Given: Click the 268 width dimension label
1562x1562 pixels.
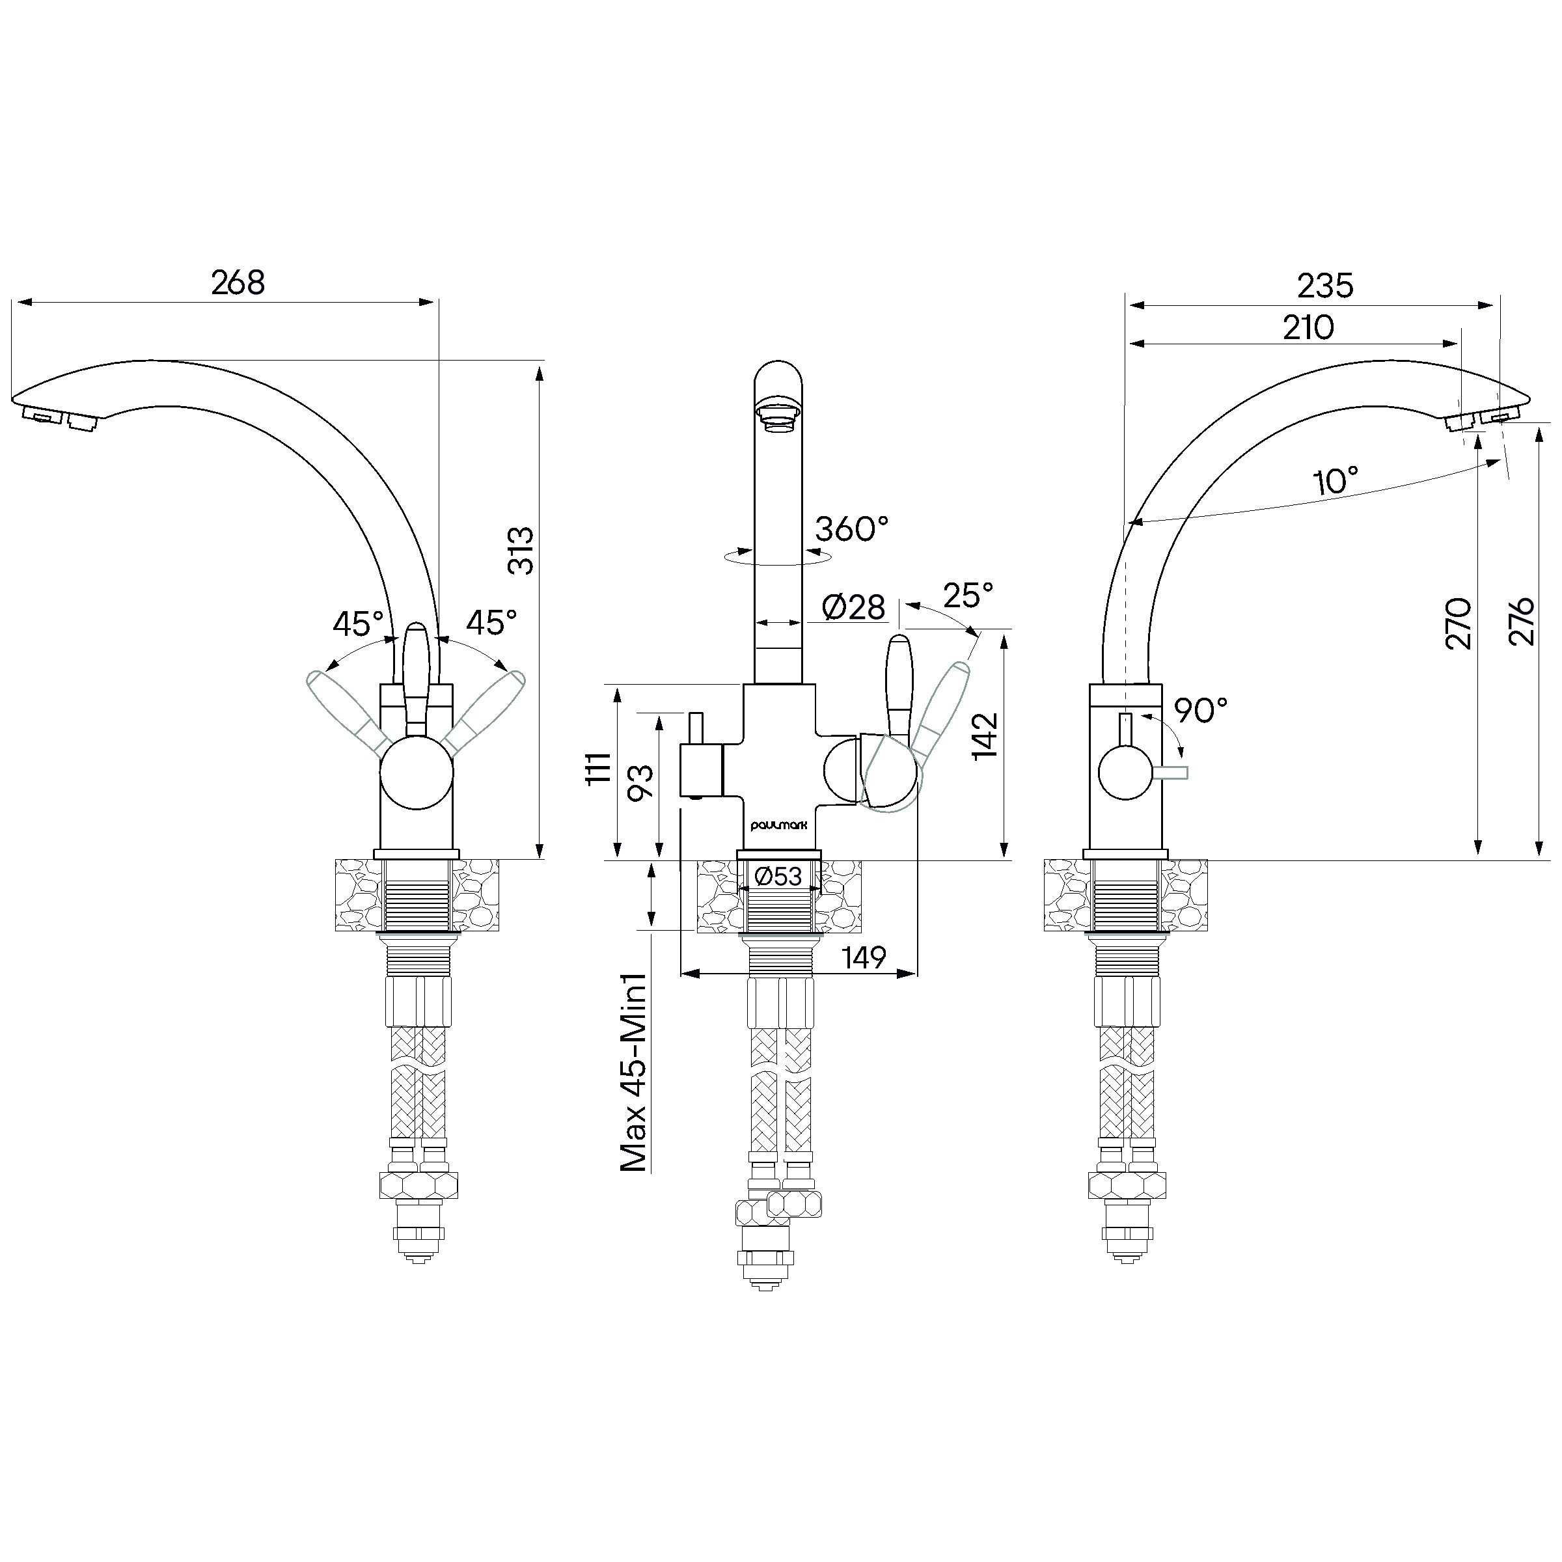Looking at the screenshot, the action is [238, 283].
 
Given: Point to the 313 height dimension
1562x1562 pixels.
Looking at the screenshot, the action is [522, 551].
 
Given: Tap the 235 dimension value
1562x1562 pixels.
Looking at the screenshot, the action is [1325, 286].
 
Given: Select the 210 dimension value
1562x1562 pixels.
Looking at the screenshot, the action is [1308, 327].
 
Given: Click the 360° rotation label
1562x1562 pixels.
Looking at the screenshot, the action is [851, 530].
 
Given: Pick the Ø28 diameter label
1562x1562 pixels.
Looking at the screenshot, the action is [853, 607].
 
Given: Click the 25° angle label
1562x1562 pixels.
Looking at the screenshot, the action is [968, 596].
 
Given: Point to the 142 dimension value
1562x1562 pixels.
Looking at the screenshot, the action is [985, 735].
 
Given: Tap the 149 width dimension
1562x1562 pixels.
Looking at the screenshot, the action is [864, 958].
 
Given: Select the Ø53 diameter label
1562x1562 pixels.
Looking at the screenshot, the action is [778, 875].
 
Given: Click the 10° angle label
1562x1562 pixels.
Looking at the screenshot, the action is [1336, 481].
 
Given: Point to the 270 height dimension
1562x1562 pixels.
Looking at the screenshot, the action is [1458, 623].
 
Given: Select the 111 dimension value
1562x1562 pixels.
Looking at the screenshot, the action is [598, 768].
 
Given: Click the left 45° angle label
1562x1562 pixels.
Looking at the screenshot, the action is [358, 624].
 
